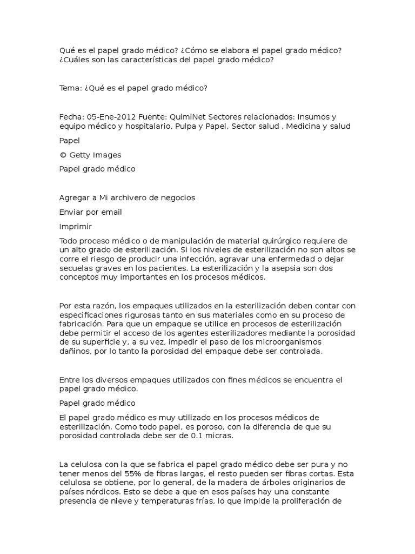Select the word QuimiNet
pos(189,116)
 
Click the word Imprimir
pos(75,226)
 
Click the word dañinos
pos(74,352)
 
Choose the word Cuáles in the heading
pos(75,60)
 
